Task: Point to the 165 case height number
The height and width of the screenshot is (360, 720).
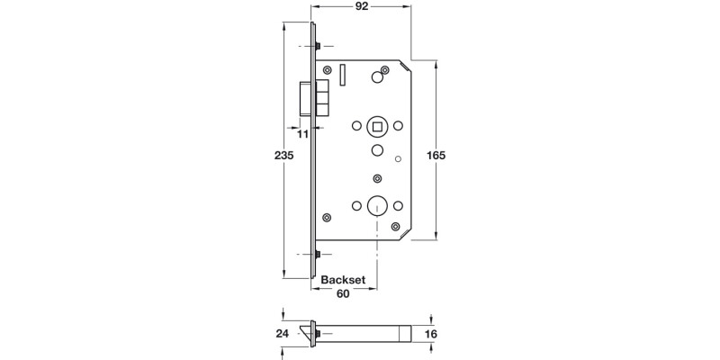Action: pyautogui.click(x=436, y=155)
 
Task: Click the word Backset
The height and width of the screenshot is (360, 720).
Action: pyautogui.click(x=343, y=280)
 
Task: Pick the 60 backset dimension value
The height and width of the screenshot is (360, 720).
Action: pyautogui.click(x=343, y=293)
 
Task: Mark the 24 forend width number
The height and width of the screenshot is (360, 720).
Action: pyautogui.click(x=283, y=333)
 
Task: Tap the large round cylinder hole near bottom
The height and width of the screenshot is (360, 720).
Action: pyautogui.click(x=377, y=205)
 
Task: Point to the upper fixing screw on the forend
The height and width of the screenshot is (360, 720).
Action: pyautogui.click(x=320, y=46)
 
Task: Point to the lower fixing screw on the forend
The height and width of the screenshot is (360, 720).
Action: pyautogui.click(x=320, y=255)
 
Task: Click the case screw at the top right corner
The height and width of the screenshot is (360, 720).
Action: pyautogui.click(x=385, y=69)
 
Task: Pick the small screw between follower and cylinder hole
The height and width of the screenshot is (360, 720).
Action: pyautogui.click(x=377, y=178)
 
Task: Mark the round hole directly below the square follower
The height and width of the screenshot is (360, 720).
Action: pyautogui.click(x=377, y=149)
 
